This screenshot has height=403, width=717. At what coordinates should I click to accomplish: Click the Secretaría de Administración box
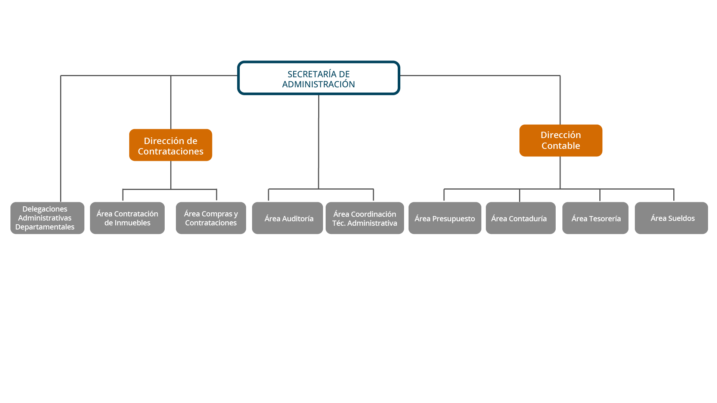coord(319,78)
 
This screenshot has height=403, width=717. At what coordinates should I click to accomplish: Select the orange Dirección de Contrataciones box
coord(171,145)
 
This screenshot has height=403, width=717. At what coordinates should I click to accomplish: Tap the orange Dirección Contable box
coord(561,140)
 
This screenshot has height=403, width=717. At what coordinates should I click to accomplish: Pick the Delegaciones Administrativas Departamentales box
coord(47,218)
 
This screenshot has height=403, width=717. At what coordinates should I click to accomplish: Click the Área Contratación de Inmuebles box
coord(127,218)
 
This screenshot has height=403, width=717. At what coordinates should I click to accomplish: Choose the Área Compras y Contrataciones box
coord(211,218)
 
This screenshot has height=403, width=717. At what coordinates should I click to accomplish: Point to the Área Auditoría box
coord(287,218)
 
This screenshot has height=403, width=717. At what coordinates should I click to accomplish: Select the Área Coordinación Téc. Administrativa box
coord(364,218)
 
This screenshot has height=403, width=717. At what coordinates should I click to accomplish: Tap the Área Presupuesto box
coord(444,218)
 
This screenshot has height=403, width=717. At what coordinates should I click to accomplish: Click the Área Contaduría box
coord(520,218)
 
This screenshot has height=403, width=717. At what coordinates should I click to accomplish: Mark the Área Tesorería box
coord(595,218)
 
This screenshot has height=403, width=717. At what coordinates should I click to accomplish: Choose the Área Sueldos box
coord(671,218)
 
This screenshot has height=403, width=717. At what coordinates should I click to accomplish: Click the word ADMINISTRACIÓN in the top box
coord(319,84)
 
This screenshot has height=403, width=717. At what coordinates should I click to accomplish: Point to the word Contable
coord(561,146)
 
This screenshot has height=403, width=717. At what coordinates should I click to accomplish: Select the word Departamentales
coord(45,227)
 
